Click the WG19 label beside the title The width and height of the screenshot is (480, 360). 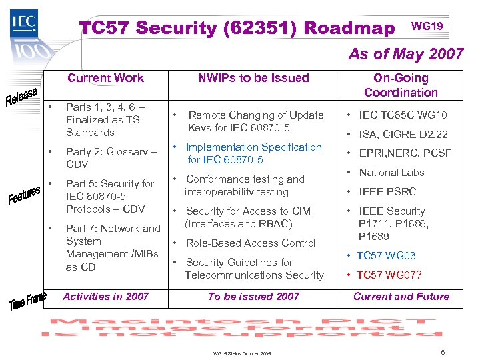pyautogui.click(x=427, y=26)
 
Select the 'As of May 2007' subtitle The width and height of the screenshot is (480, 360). pyautogui.click(x=406, y=54)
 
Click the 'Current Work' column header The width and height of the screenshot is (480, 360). pyautogui.click(x=105, y=78)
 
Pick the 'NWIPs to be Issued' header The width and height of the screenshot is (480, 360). pyautogui.click(x=253, y=78)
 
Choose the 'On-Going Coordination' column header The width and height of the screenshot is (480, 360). pyautogui.click(x=401, y=85)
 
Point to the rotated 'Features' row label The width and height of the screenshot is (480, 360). pyautogui.click(x=25, y=195)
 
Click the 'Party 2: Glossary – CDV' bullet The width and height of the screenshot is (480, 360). pyautogui.click(x=111, y=158)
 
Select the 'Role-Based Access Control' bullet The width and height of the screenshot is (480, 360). pyautogui.click(x=250, y=243)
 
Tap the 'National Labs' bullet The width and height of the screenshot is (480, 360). pyautogui.click(x=391, y=173)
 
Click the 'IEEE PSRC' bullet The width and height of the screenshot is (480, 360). pyautogui.click(x=387, y=191)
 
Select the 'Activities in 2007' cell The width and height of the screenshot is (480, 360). pyautogui.click(x=105, y=297)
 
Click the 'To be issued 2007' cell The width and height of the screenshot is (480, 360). pyautogui.click(x=253, y=297)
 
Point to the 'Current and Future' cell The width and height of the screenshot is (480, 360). pyautogui.click(x=401, y=297)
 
